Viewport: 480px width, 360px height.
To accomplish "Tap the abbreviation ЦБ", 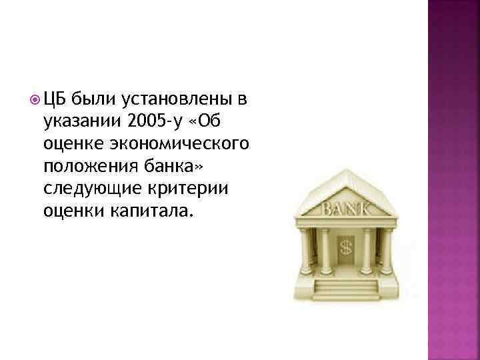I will click(54, 101).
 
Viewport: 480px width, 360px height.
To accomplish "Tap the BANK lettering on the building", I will click(346, 210).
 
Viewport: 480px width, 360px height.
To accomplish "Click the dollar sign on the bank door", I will click(346, 248).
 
